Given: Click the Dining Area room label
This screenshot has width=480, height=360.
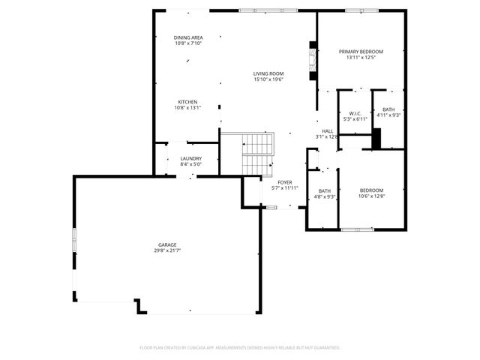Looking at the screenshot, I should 188,37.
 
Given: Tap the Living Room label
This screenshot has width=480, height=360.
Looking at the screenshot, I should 268,73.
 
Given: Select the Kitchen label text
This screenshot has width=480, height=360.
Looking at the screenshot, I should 187,102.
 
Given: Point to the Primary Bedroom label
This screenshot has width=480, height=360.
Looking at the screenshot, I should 361,52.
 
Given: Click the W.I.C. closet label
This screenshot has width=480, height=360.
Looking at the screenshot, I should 355,112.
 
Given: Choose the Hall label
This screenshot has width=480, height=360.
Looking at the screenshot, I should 328,131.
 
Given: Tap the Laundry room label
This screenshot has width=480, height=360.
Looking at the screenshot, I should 191,158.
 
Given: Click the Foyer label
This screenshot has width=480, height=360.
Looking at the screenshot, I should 285,182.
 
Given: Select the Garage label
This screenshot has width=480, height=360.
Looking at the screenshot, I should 167,244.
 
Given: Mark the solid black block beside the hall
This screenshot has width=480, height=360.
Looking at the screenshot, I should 376,139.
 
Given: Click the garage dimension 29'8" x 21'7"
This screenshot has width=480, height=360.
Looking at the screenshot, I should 167,250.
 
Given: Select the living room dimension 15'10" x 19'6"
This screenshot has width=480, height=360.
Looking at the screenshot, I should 268,79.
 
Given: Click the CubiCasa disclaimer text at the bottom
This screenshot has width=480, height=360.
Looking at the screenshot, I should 240,347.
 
